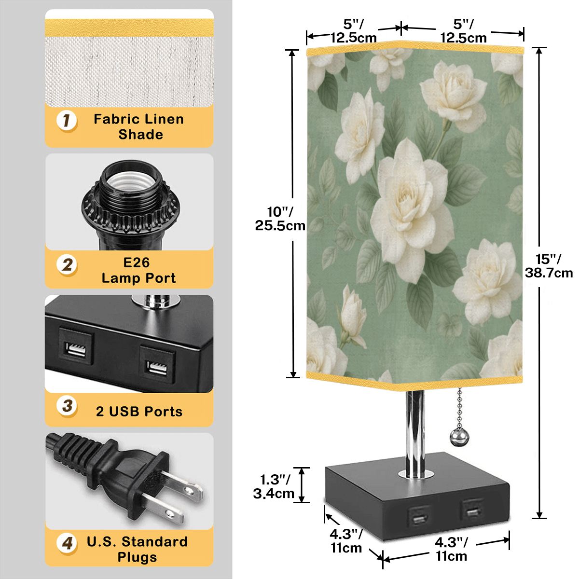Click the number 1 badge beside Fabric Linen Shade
tap(67, 121)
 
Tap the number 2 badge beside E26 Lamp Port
tap(67, 265)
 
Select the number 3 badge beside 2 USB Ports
tap(67, 406)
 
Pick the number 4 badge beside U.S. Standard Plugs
tap(67, 543)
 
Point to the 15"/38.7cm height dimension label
tap(549, 265)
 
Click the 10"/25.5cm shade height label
tap(280, 219)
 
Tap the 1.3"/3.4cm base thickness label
tap(274, 487)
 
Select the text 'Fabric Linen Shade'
tap(138, 127)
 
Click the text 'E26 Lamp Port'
tap(138, 270)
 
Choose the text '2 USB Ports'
tap(139, 412)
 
